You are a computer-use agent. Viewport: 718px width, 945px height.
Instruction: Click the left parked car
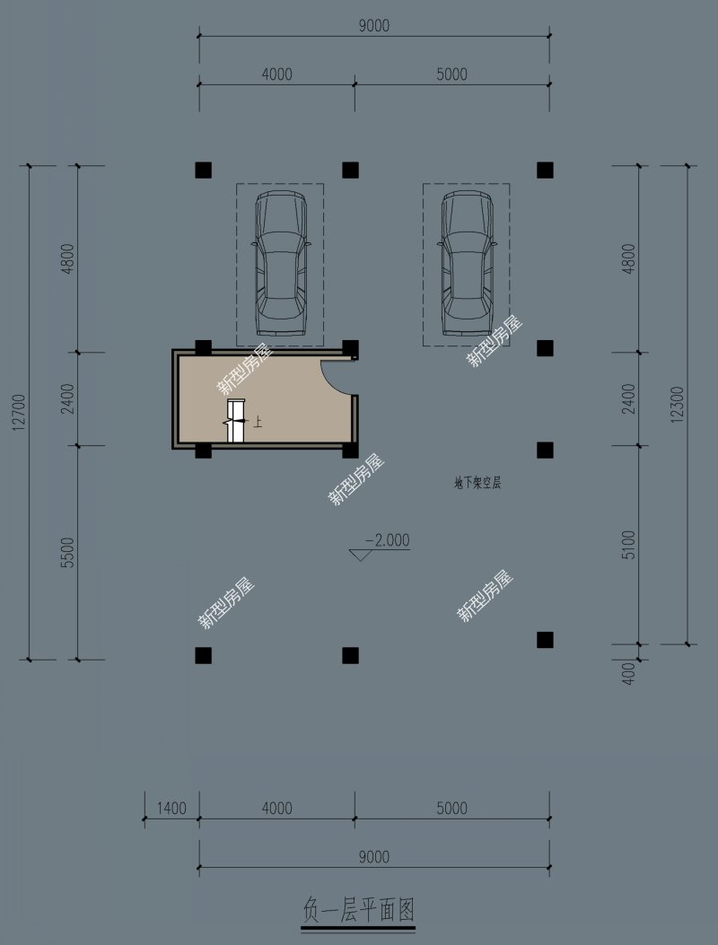pos(280,263)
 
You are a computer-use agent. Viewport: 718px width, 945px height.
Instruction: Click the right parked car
pos(467,263)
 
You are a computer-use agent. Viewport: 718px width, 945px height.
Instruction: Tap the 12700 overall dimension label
pos(19,412)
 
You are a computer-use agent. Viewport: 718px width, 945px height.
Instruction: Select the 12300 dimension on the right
pos(678,405)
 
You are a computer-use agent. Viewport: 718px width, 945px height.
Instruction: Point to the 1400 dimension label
pos(171,809)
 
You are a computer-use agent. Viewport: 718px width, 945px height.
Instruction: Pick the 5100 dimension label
pos(628,545)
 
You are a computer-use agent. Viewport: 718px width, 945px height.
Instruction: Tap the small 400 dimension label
pos(628,674)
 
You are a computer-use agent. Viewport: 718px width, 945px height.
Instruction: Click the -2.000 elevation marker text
pos(388,540)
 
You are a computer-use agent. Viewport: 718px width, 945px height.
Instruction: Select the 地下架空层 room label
pos(477,483)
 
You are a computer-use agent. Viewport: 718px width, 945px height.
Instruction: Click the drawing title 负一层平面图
pos(358,909)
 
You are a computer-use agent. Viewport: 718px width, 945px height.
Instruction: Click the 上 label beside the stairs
pos(258,423)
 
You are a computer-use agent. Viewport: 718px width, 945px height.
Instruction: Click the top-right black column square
pos(545,170)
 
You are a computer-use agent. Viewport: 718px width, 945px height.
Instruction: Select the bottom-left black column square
pos(203,655)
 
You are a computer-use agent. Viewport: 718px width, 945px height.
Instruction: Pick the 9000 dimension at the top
pos(373,26)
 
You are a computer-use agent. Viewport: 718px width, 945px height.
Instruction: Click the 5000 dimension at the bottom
pos(451,809)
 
